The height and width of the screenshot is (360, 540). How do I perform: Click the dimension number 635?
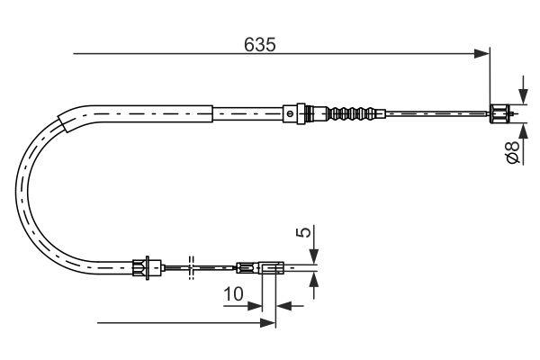point(260,45)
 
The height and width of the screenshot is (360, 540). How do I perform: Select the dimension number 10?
point(233,294)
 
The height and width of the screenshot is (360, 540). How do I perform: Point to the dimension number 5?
point(303,232)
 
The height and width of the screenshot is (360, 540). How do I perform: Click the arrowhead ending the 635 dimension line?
point(481,54)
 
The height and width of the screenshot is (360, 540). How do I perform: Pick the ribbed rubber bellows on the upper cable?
point(351,113)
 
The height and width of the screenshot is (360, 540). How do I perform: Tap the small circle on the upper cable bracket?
point(290,113)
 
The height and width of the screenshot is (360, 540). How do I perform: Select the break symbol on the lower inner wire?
point(192,267)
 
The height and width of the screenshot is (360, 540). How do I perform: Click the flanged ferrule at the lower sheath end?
point(147,267)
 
